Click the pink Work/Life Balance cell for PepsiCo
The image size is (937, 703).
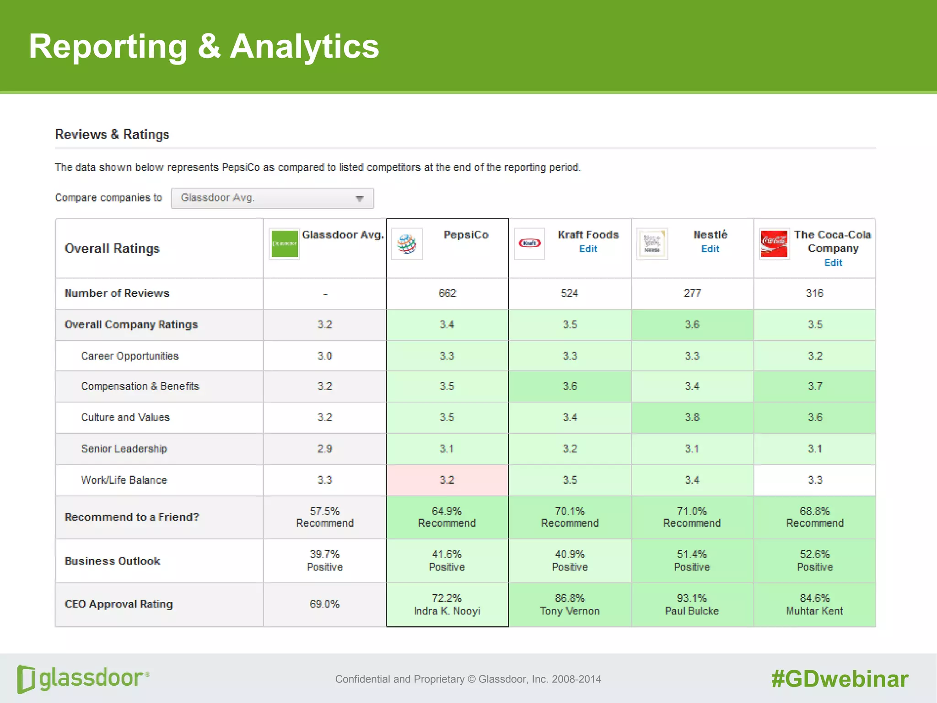pos(447,480)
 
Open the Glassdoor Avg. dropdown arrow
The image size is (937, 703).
pos(360,199)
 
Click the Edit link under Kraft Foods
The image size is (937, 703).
pos(588,249)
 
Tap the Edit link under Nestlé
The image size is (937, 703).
pos(710,249)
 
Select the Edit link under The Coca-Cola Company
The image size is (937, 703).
pos(833,263)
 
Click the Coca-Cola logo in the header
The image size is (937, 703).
pos(774,244)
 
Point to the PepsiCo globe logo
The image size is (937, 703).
pos(407,244)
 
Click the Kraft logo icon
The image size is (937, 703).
pos(529,243)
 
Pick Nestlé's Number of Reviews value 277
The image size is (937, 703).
pos(692,293)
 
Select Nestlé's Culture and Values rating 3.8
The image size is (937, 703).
pos(692,417)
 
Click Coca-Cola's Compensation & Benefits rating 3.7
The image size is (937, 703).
pos(815,386)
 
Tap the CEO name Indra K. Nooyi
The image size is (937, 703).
pos(447,611)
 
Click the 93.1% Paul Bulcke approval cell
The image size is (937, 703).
pos(692,604)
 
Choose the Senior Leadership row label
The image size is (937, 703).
pos(124,449)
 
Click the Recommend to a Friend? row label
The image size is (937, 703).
pos(132,517)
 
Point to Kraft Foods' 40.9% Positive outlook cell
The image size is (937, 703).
pos(570,561)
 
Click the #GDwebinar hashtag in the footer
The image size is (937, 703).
pos(840,679)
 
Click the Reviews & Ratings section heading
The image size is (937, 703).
pos(112,135)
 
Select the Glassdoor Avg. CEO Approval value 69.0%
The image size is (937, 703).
pos(324,604)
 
